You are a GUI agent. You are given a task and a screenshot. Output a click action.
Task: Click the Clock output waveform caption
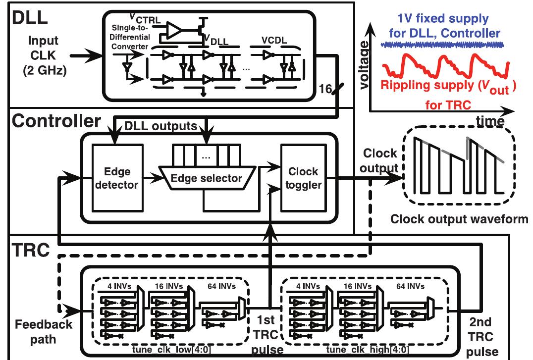pos(458,218)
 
